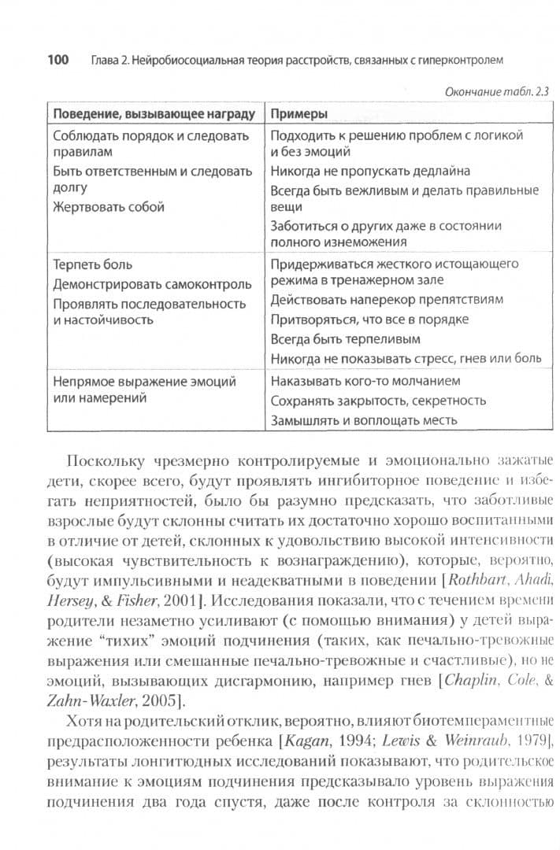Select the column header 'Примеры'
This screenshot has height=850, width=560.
299,114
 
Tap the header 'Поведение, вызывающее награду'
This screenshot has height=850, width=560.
154,114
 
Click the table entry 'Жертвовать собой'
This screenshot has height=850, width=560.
109,208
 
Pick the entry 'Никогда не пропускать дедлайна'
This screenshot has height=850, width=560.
370,171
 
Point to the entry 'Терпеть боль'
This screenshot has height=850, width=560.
92,264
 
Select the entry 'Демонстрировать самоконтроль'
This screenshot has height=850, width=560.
152,284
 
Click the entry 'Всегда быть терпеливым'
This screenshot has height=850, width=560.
345,339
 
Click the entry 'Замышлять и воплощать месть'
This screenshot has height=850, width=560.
363,420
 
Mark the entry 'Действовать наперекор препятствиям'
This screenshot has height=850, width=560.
387,300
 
